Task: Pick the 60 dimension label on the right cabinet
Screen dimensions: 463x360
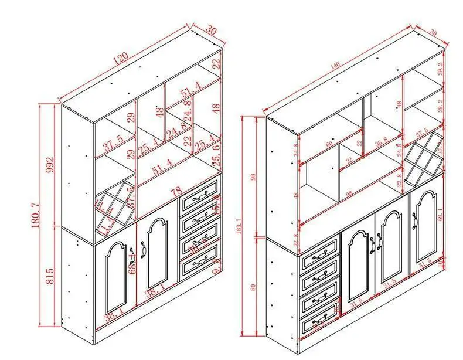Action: click(329, 143)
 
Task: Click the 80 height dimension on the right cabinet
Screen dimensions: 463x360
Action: click(253, 287)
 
